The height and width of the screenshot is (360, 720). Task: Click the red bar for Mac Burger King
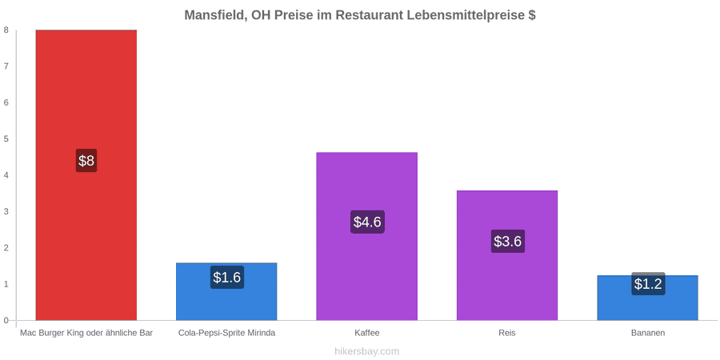click(x=86, y=175)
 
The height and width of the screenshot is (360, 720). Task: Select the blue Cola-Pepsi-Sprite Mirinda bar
click(x=226, y=291)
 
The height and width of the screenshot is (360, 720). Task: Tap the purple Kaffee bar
click(x=367, y=236)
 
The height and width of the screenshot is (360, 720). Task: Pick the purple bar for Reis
click(x=507, y=255)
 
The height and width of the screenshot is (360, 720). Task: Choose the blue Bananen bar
click(x=647, y=298)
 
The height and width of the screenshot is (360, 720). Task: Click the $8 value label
click(x=86, y=161)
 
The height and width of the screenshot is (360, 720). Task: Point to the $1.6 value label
click(x=227, y=278)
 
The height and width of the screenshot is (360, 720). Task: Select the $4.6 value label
click(x=367, y=222)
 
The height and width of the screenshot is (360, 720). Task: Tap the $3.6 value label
click(x=507, y=241)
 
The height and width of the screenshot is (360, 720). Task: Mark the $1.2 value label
click(x=648, y=284)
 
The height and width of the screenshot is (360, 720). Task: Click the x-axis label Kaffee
click(x=367, y=333)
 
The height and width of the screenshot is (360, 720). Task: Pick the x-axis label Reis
click(x=507, y=333)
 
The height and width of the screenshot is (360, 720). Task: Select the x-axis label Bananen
click(x=647, y=333)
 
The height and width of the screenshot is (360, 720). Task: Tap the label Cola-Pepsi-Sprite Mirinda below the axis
click(x=227, y=333)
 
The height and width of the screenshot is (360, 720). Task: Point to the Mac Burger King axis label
click(x=86, y=333)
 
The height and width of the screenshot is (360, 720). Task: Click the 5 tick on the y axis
click(x=7, y=138)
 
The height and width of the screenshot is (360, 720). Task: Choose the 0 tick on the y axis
click(x=7, y=320)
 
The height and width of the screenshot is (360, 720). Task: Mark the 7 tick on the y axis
click(x=7, y=66)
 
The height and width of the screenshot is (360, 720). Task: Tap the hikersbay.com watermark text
click(x=360, y=351)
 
